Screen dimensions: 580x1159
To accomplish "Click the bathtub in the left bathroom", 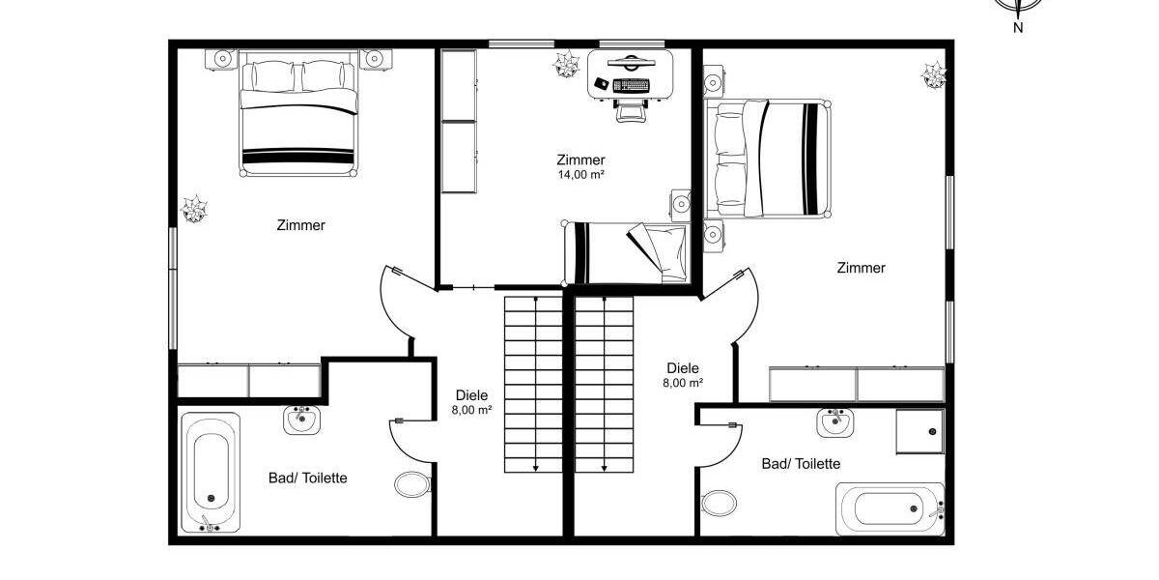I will point(210,472).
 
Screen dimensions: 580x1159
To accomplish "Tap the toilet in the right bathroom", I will point(719,502).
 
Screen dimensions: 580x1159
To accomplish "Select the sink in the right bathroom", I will point(834,422).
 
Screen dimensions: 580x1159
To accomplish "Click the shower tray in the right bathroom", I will point(919,431).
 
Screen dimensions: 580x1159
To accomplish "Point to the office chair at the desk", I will point(631,109).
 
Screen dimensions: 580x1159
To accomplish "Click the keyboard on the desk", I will point(632,85).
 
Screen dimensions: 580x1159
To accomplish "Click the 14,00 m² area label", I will point(580,175).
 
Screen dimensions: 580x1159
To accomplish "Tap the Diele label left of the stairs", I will point(471,394).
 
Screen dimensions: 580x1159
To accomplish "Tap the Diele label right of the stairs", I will point(683,367).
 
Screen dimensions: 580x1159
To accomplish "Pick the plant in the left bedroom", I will point(195,209).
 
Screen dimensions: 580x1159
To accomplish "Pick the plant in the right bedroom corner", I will point(933,74).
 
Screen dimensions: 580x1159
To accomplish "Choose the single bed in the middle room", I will point(627,251).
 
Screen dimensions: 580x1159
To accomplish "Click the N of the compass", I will point(1018,27).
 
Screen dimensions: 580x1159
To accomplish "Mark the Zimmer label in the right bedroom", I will point(861,268).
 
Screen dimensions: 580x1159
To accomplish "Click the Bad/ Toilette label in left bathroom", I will point(307,478).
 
